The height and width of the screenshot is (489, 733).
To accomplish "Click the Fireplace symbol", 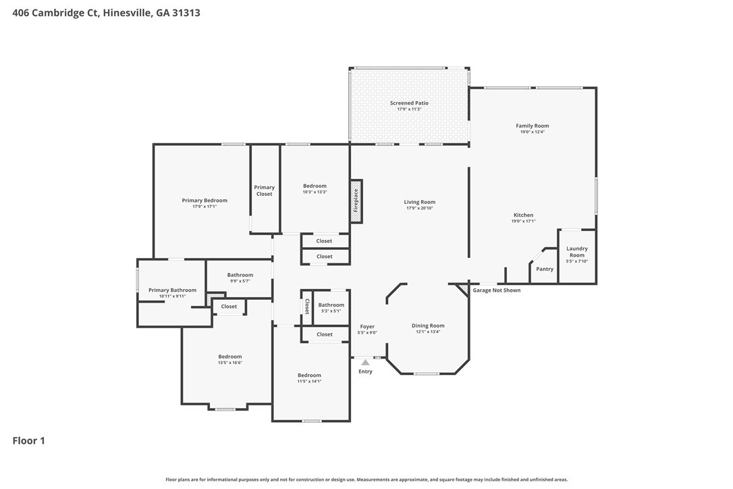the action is click(356, 201).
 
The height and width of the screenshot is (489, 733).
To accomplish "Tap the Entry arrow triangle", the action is click(366, 362).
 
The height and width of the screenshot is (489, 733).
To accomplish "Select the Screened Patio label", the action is click(409, 103).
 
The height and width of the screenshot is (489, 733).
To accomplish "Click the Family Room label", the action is click(533, 126).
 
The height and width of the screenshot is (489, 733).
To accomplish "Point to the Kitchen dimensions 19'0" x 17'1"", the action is click(524, 222).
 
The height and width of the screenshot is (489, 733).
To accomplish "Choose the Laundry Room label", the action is click(577, 252).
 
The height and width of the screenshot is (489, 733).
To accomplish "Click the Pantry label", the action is click(545, 269).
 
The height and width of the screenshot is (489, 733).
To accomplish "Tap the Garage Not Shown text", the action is click(497, 290).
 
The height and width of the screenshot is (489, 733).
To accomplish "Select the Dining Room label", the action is click(428, 326).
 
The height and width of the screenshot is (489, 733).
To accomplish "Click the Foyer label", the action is click(367, 327).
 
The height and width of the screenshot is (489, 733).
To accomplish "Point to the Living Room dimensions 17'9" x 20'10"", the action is click(419, 208).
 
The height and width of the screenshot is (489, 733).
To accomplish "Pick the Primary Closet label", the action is click(264, 190).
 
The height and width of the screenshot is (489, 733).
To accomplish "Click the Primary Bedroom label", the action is click(205, 201).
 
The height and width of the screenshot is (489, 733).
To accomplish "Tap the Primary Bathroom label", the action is click(173, 290).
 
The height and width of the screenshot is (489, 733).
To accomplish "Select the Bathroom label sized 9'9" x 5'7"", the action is click(240, 275).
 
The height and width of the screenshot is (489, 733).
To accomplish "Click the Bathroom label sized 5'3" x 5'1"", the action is click(331, 305).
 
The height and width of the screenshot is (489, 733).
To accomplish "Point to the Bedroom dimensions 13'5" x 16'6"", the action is click(230, 363).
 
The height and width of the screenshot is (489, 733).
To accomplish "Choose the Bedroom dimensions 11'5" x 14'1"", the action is click(310, 382).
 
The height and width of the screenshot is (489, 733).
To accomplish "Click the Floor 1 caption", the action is click(28, 441).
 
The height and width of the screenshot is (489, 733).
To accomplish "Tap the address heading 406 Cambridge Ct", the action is click(55, 13).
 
